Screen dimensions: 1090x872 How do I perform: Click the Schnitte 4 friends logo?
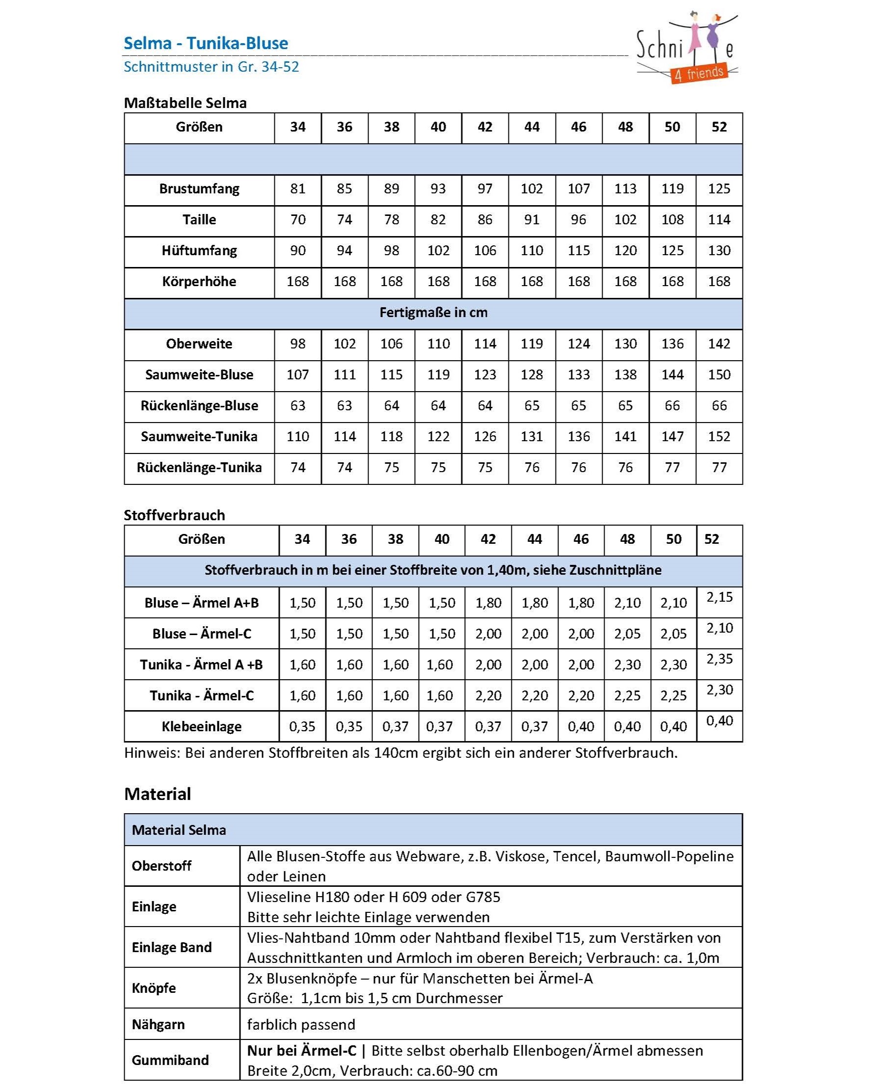[x=686, y=49]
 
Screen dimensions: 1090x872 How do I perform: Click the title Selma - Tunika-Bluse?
[x=206, y=44]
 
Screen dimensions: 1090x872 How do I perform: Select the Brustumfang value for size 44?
[x=531, y=189]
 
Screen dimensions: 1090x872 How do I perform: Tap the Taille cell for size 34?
[x=297, y=220]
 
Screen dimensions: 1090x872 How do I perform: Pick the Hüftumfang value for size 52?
[x=718, y=251]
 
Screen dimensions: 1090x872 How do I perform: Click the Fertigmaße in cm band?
[x=433, y=313]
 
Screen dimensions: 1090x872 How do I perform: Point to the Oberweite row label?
[x=199, y=345]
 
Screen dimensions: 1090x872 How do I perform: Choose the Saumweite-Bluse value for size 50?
[x=672, y=375]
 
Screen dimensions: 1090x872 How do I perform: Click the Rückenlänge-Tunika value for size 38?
[x=391, y=468]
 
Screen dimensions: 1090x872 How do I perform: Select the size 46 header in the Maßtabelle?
[x=578, y=128]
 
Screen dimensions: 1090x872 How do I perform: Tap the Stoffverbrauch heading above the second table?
[x=174, y=515]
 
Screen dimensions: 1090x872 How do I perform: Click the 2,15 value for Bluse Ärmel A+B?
[x=719, y=598]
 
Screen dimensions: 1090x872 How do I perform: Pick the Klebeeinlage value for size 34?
[x=302, y=727]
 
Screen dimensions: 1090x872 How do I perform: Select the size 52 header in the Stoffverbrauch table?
[x=711, y=539]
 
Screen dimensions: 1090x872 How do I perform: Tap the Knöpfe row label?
[x=154, y=988]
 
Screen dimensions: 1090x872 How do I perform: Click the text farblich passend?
[x=301, y=1025]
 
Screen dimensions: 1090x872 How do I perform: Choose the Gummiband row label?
[x=170, y=1060]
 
